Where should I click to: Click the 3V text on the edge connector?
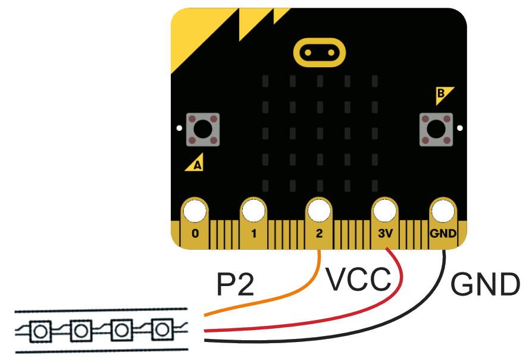384,234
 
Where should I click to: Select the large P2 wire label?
235,285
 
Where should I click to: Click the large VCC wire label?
359,280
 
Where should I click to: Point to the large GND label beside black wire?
485,285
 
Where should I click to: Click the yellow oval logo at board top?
319,53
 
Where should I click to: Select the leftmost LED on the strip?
40,331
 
